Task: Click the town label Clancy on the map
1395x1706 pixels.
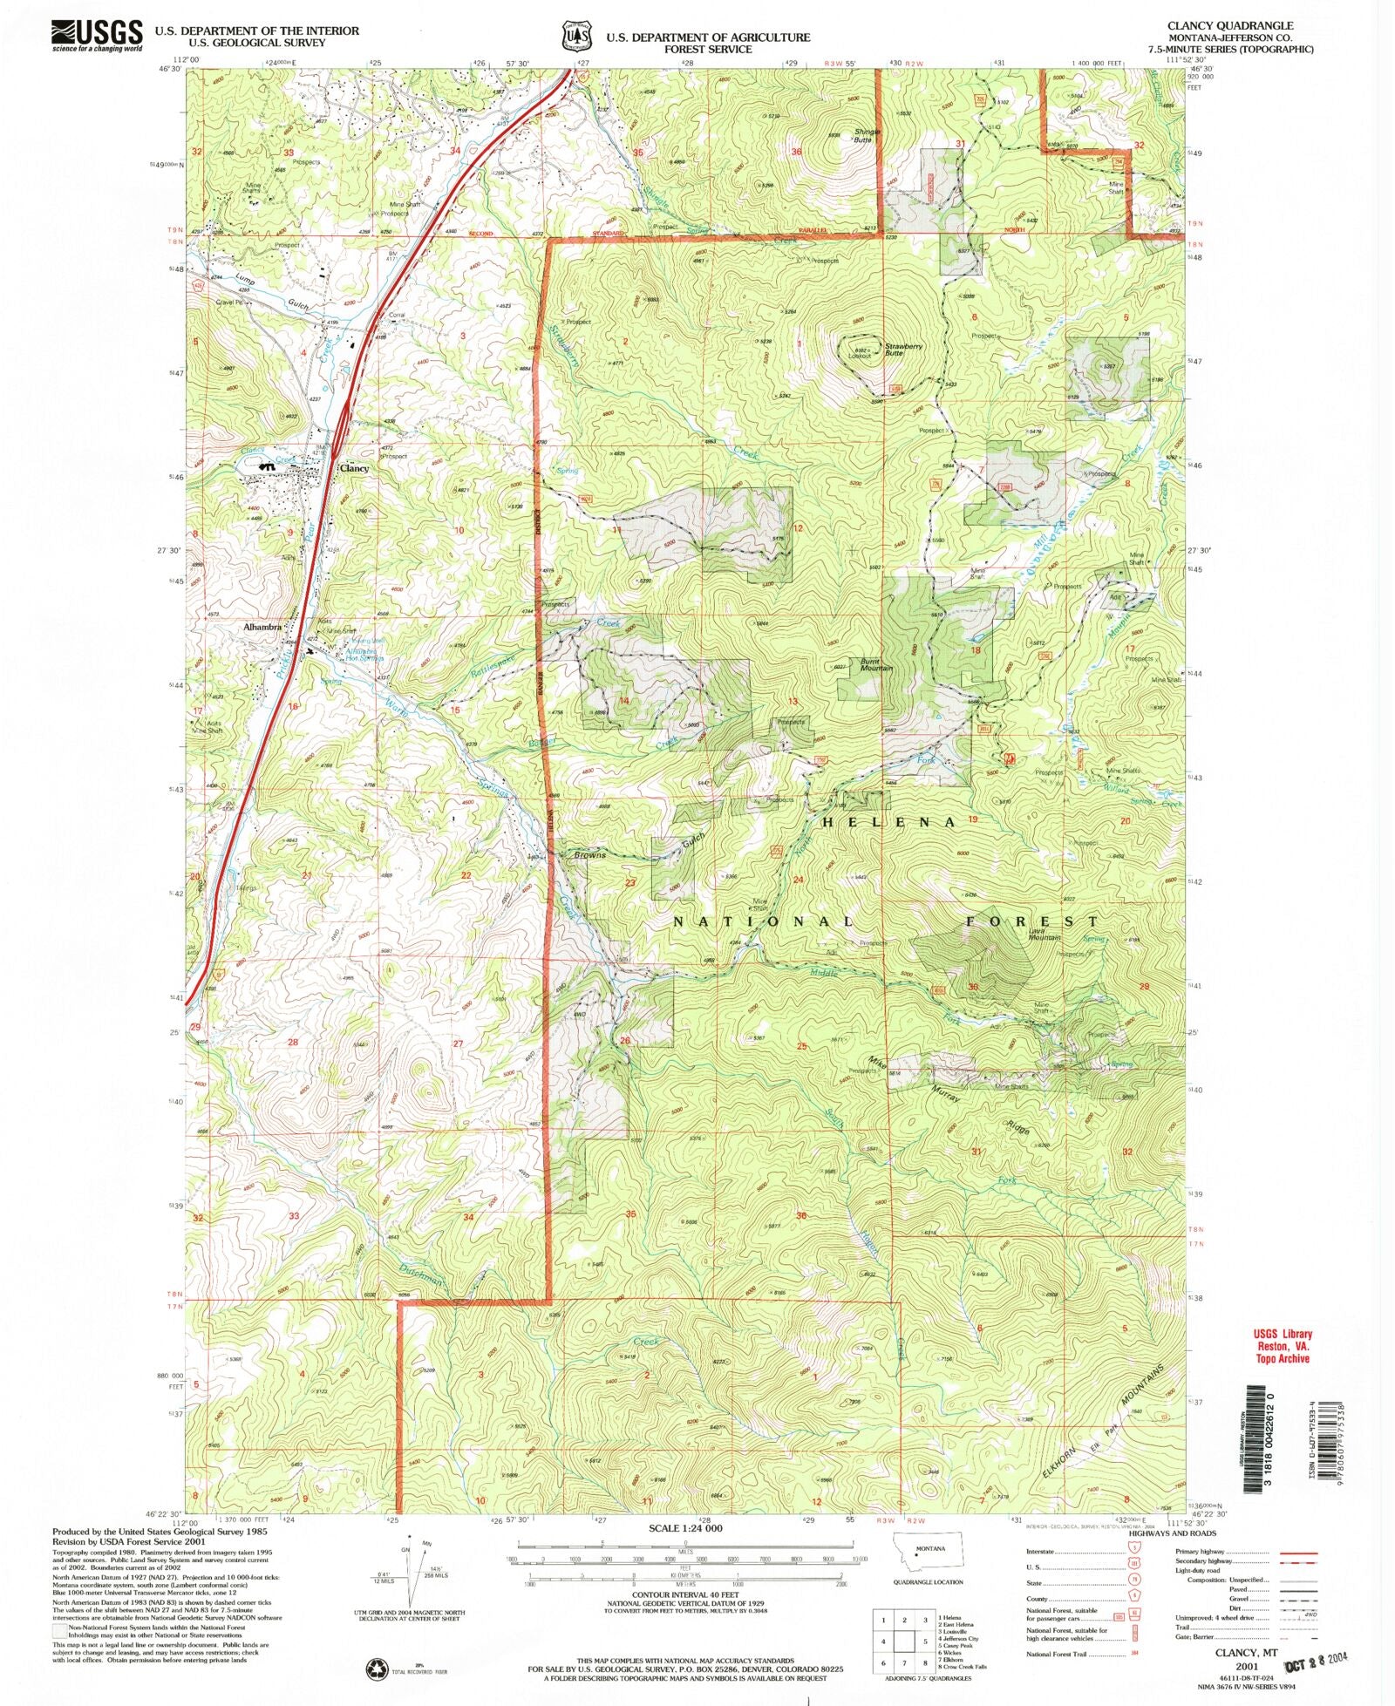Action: [x=354, y=468]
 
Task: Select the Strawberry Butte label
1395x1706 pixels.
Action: [x=904, y=349]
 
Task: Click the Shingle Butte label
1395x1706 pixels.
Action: [x=867, y=135]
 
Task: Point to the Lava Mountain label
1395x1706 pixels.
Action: [x=1045, y=934]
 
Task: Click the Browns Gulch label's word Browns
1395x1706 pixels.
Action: [x=589, y=855]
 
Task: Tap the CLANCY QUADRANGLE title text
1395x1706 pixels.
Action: [x=1242, y=26]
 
